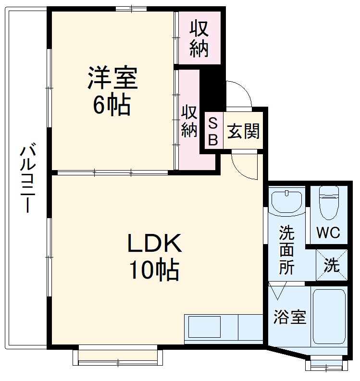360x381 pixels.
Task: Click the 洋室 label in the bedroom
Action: point(112,78)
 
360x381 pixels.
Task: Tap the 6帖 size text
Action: point(112,105)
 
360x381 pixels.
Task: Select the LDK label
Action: point(154,244)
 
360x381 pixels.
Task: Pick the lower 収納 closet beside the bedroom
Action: point(189,121)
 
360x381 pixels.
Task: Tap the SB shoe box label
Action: point(213,131)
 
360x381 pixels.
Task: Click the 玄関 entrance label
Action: point(243,131)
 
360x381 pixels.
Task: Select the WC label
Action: point(328,233)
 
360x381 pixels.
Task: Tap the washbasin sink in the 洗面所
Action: point(286,200)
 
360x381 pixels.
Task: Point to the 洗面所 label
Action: point(287,250)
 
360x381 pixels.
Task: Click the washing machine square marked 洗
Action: point(331,265)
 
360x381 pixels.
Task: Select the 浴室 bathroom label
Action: point(290,317)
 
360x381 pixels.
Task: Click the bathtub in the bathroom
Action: point(329,316)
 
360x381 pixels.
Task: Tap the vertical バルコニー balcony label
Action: point(27,178)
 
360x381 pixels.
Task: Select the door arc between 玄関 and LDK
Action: point(244,166)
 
